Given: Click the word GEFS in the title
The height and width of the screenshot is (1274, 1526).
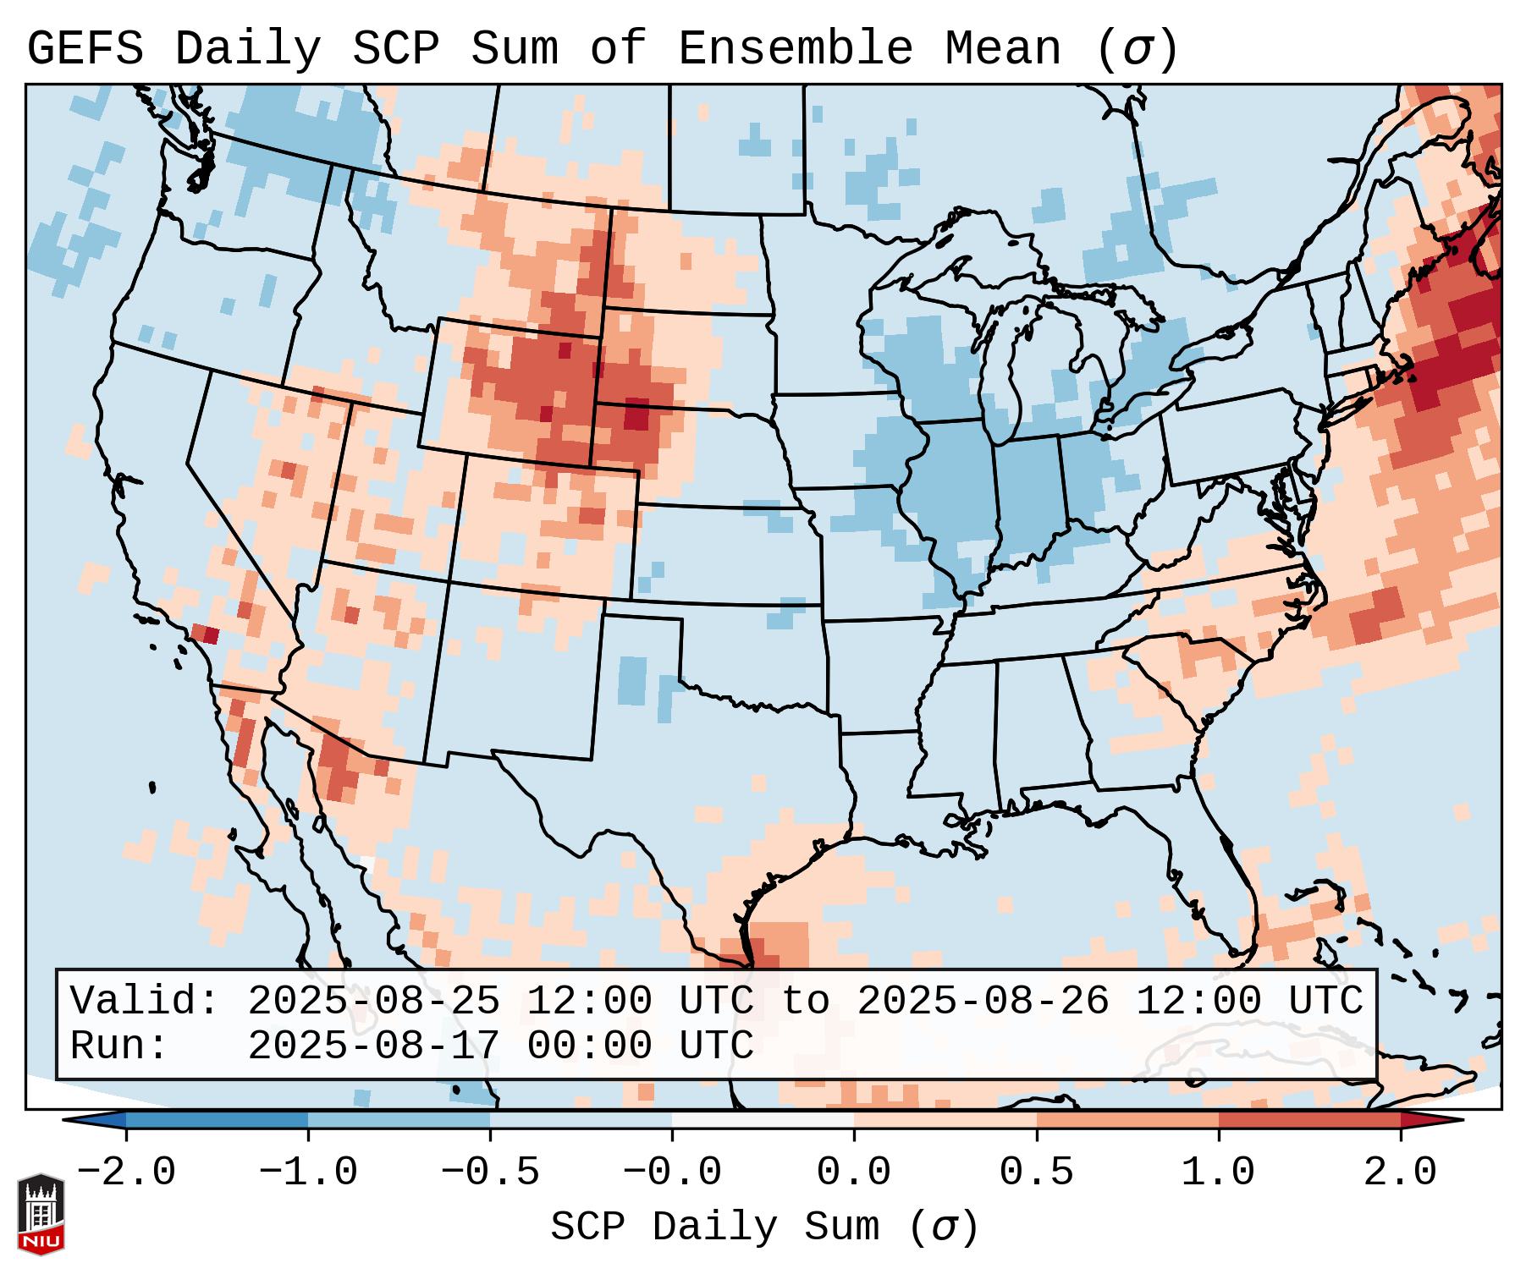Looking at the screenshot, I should [85, 49].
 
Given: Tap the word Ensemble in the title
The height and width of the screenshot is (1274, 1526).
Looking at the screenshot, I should [795, 49].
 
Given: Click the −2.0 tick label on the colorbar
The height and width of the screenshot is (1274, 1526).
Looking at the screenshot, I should [126, 1172].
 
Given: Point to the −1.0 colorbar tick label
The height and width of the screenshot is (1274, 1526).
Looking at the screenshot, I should [308, 1172].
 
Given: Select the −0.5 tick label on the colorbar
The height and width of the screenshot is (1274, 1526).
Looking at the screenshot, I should [490, 1172].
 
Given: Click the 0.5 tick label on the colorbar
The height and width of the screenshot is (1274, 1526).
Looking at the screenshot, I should [1036, 1172].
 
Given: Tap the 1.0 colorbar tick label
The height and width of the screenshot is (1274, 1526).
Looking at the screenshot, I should [1218, 1172].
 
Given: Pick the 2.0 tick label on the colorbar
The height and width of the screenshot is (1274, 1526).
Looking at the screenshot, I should [1400, 1172].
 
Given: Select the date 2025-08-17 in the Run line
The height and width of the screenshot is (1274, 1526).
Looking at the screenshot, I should [373, 1046].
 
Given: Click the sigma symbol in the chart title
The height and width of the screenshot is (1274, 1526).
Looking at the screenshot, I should [1137, 49].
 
